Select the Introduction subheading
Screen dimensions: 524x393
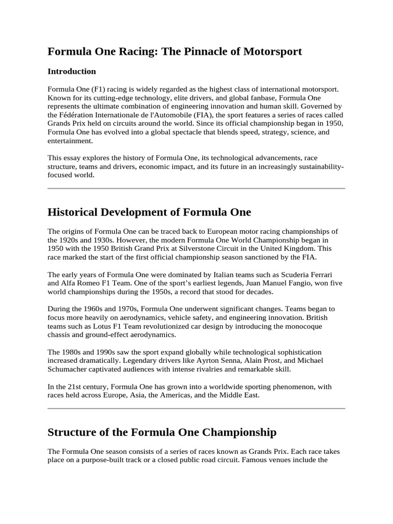pyautogui.click(x=72, y=72)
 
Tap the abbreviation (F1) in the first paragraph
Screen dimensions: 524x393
pyautogui.click(x=98, y=89)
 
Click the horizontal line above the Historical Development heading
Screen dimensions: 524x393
pyautogui.click(x=196, y=188)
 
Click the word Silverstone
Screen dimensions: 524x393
pyautogui.click(x=208, y=249)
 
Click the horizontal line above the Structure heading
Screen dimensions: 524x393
pyautogui.click(x=196, y=408)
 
